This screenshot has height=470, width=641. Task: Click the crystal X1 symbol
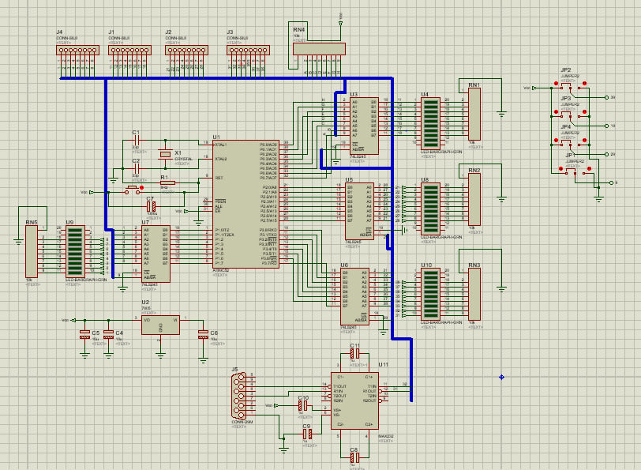164,152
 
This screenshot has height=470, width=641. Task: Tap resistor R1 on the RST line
167,183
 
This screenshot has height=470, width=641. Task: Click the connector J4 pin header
73,50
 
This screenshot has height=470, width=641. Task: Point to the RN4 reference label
298,29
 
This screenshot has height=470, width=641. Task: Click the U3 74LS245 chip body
364,124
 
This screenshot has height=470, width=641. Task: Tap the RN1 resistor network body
474,115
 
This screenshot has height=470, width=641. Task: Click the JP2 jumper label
565,70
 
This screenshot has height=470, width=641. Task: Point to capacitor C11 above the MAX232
354,354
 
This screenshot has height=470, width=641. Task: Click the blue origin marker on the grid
502,377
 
